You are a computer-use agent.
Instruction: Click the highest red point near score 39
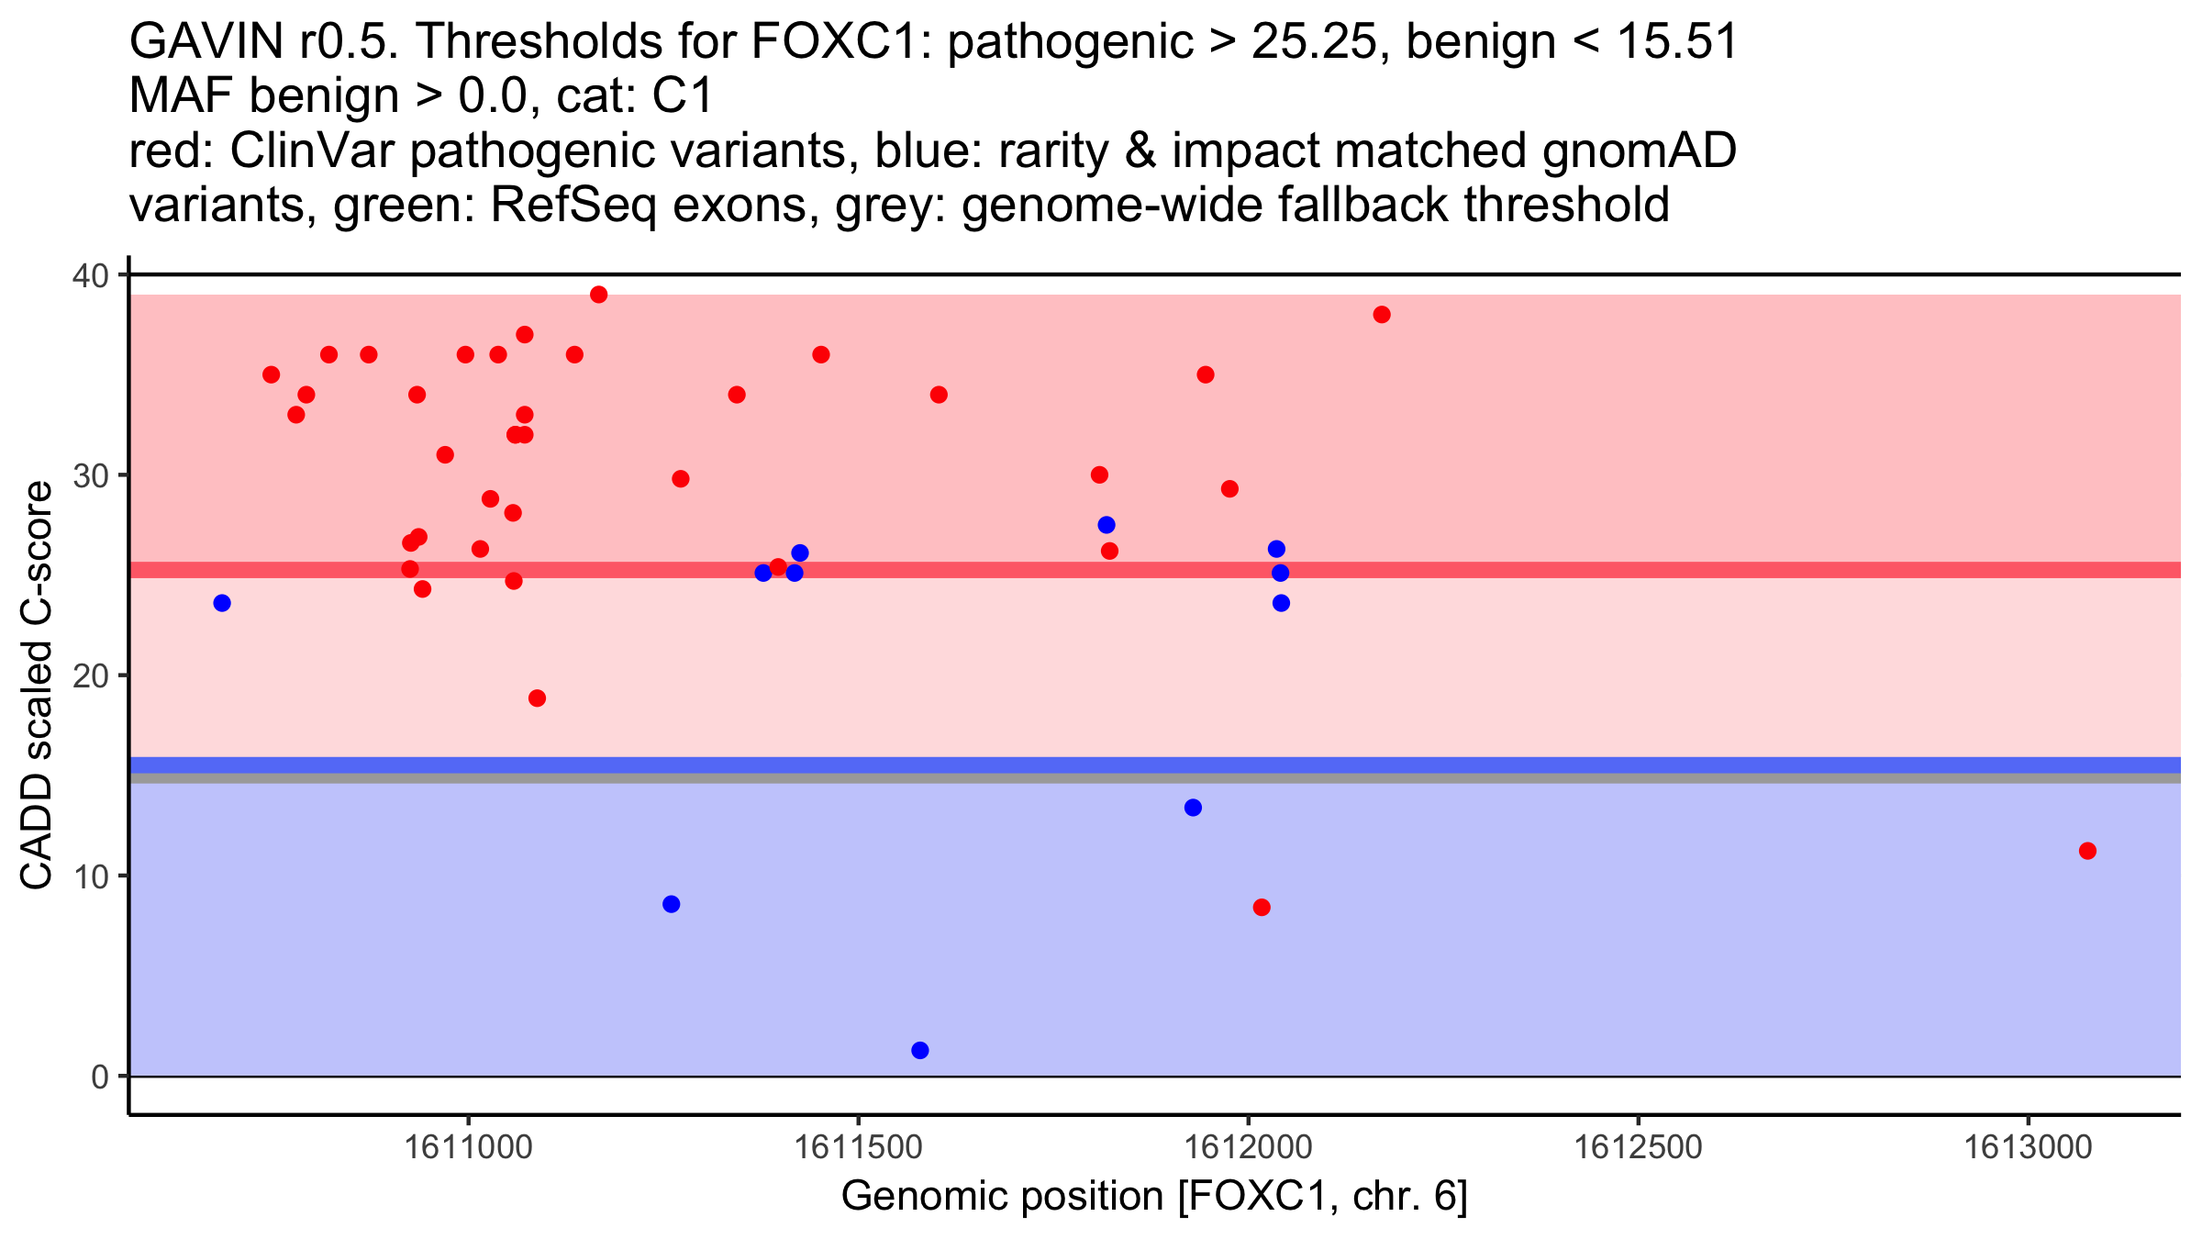click(x=599, y=295)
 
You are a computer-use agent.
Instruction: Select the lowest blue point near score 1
click(x=920, y=1050)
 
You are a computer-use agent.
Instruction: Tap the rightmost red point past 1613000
click(x=2087, y=851)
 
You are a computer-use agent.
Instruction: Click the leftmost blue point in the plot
click(x=222, y=603)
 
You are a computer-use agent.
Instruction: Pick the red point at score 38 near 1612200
click(x=1382, y=315)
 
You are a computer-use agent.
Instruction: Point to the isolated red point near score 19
click(x=538, y=698)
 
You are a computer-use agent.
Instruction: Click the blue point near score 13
click(x=1193, y=808)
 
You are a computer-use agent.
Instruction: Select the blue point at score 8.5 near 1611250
click(x=672, y=904)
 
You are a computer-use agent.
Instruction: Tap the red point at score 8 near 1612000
click(x=1262, y=908)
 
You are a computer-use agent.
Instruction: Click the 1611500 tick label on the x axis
click(x=858, y=1147)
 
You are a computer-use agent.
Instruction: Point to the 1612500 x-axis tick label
click(x=1638, y=1147)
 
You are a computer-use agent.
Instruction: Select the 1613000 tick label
click(x=2028, y=1147)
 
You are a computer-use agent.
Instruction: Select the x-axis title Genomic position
click(x=1154, y=1197)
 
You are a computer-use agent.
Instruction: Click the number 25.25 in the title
click(x=1313, y=42)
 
